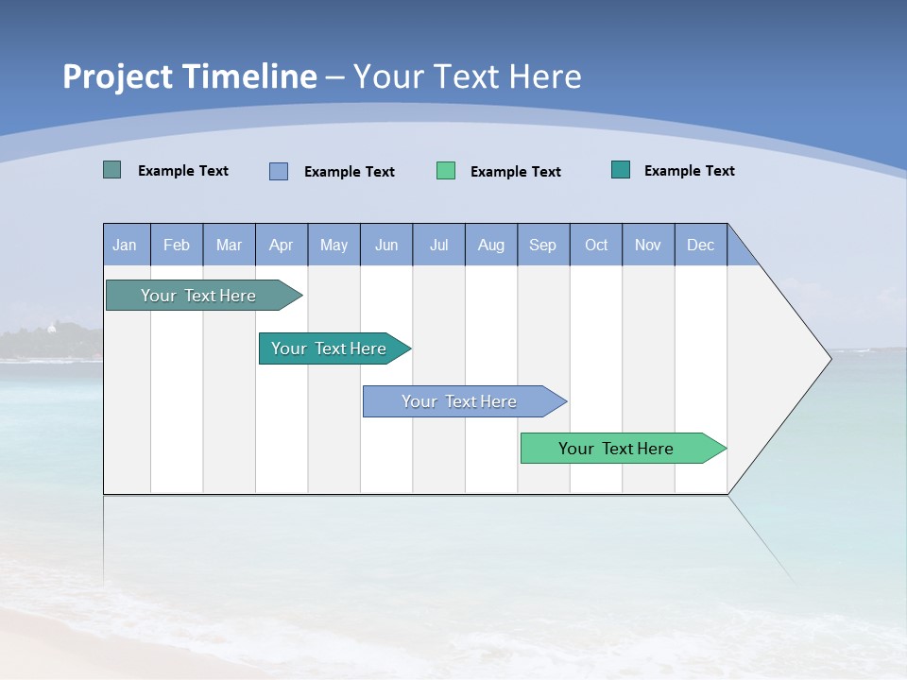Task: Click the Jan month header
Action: click(x=126, y=245)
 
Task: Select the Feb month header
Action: click(x=177, y=245)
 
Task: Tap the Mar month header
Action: click(x=229, y=245)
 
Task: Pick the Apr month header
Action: click(x=282, y=245)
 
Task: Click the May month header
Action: click(x=334, y=245)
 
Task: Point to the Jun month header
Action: click(x=386, y=245)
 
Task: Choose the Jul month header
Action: click(x=438, y=245)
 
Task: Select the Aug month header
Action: click(x=491, y=245)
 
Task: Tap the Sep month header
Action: click(x=543, y=245)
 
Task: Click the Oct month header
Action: click(x=596, y=245)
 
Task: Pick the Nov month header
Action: click(x=648, y=245)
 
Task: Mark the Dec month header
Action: click(x=701, y=245)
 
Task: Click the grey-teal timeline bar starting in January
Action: click(x=198, y=296)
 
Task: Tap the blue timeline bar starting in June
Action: click(x=460, y=401)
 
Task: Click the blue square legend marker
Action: click(x=279, y=171)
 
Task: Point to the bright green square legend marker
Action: click(x=446, y=171)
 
